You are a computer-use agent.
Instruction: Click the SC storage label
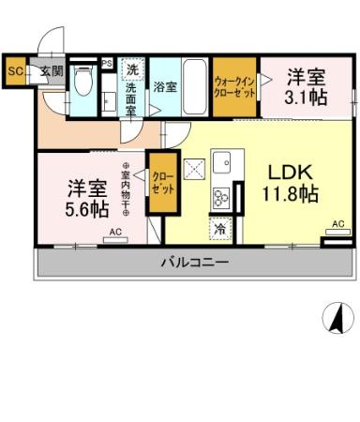[x=15, y=69]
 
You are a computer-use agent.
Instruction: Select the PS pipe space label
[x=107, y=64]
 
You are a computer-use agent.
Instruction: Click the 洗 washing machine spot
[x=132, y=70]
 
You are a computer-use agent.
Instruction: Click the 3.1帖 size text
[x=305, y=97]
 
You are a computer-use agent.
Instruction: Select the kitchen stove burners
[x=222, y=197]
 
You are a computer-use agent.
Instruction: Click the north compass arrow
[x=333, y=319]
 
